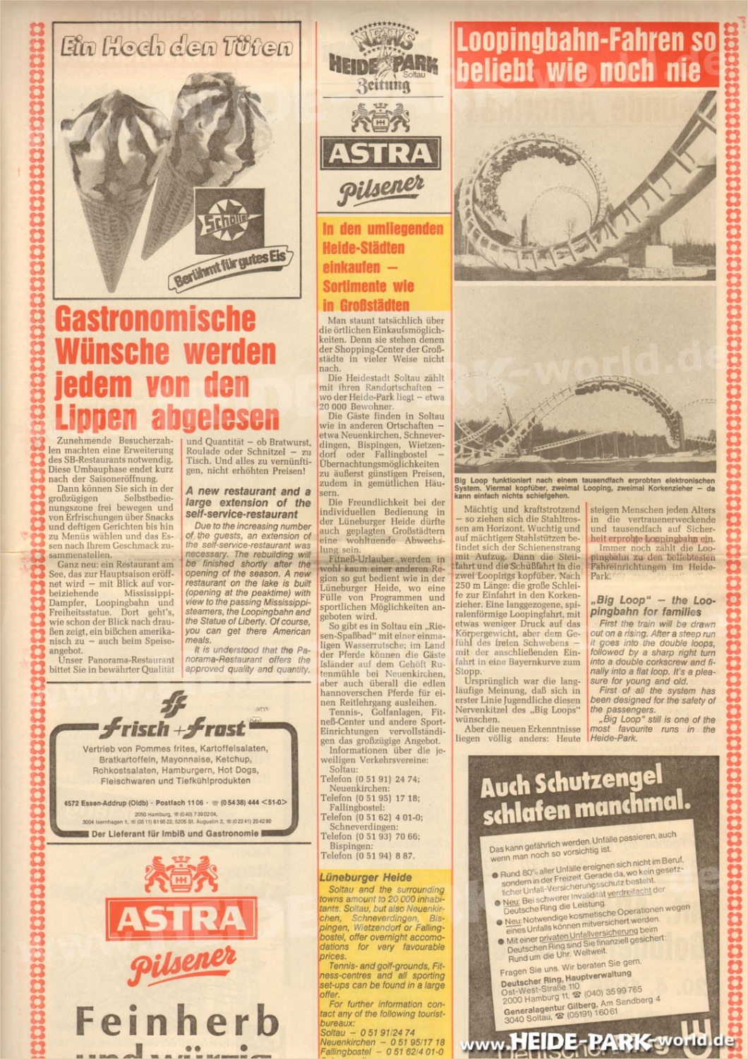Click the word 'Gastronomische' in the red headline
(x=155, y=318)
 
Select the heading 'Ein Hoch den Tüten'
(x=176, y=47)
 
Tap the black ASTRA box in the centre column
(x=381, y=152)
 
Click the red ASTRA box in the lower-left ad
(x=181, y=919)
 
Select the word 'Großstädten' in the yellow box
(x=366, y=305)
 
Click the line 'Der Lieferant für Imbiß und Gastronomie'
(x=176, y=833)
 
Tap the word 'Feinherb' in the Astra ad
(x=177, y=1021)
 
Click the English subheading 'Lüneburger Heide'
(x=366, y=877)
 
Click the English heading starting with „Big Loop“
(x=653, y=606)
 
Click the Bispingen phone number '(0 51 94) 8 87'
(x=385, y=855)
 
